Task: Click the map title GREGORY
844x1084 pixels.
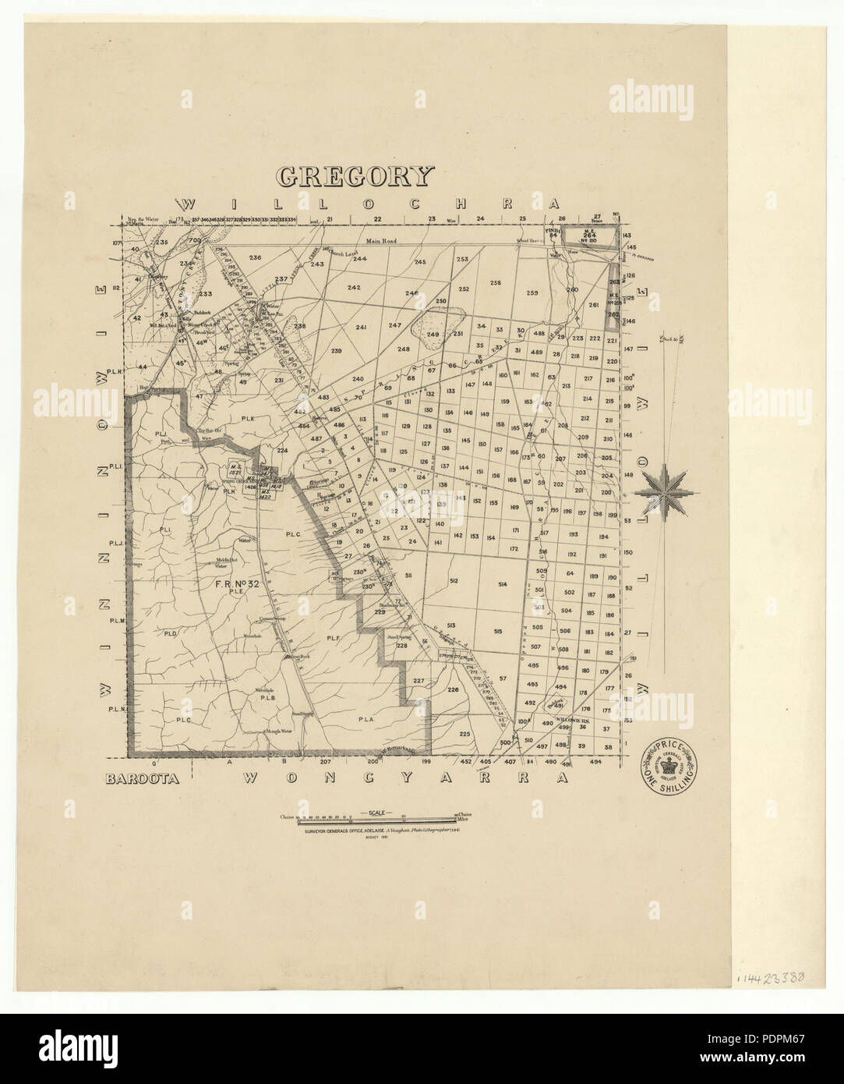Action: (x=354, y=176)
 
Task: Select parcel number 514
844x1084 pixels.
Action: (x=503, y=584)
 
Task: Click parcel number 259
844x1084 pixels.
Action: (x=533, y=293)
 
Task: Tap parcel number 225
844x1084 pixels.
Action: (x=465, y=734)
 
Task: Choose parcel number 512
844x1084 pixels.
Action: (x=454, y=581)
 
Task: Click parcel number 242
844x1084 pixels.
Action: (x=354, y=288)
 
